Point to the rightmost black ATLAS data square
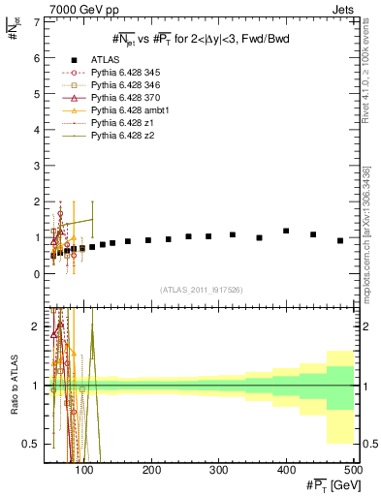click(340, 240)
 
